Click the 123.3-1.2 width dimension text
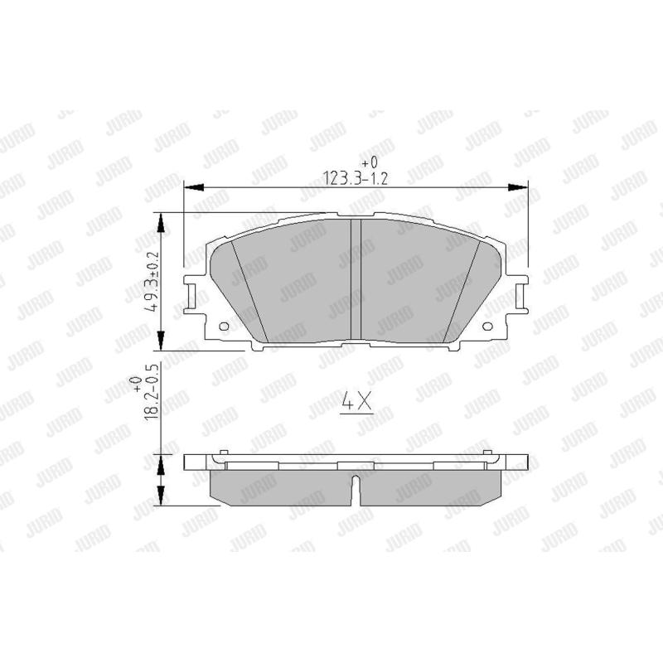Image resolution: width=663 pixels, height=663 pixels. coord(356,178)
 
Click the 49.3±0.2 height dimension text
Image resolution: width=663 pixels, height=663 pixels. coord(152,281)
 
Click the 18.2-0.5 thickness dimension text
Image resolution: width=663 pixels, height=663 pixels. coord(152,390)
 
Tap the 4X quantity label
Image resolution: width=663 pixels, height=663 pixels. coord(356,402)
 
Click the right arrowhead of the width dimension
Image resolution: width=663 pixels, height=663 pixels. coord(518,187)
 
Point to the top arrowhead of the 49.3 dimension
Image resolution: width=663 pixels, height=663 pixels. coord(161,222)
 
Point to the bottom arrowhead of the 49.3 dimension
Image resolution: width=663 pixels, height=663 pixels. coord(161,341)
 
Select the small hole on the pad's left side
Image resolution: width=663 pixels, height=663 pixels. coord(224,326)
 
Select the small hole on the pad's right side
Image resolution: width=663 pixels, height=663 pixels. coord(487,326)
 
